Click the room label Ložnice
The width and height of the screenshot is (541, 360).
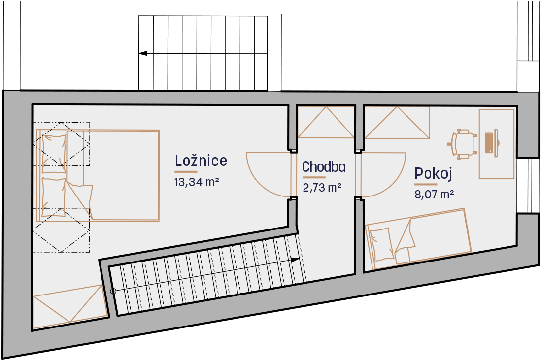pyautogui.click(x=201, y=161)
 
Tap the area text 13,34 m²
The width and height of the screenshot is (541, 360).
pyautogui.click(x=197, y=182)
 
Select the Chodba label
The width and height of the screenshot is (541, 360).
pyautogui.click(x=324, y=167)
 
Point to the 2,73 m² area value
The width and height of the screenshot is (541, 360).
pyautogui.click(x=322, y=187)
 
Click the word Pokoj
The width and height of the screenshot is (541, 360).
pyautogui.click(x=433, y=173)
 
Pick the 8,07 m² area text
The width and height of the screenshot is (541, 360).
pyautogui.click(x=434, y=194)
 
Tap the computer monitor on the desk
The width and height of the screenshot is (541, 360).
pyautogui.click(x=496, y=143)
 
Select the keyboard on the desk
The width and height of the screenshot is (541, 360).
pyautogui.click(x=489, y=143)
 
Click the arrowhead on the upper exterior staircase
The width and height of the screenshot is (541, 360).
pyautogui.click(x=143, y=54)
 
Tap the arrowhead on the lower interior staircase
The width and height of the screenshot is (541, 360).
pyautogui.click(x=295, y=260)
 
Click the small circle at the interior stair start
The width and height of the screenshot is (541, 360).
pyautogui.click(x=113, y=292)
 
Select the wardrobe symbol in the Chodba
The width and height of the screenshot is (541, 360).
pyautogui.click(x=326, y=123)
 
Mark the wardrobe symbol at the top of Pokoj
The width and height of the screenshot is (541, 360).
pyautogui.click(x=397, y=123)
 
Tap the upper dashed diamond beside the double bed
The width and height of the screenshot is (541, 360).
pyautogui.click(x=62, y=143)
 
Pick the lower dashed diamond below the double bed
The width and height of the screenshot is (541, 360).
pyautogui.click(x=62, y=230)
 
